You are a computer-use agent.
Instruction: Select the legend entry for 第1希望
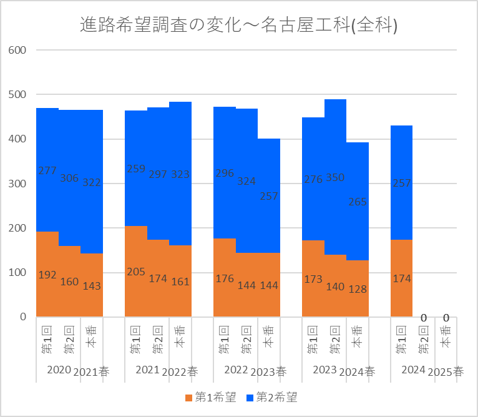click(210, 397)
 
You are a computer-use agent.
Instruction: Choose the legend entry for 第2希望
click(271, 397)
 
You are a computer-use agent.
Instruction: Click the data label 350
click(335, 177)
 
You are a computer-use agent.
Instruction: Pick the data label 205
click(135, 272)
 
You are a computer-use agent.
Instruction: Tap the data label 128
click(357, 289)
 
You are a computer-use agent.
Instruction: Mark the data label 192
click(47, 274)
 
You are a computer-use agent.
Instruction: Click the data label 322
click(91, 182)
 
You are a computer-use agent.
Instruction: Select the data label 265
click(357, 202)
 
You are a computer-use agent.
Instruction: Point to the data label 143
click(91, 286)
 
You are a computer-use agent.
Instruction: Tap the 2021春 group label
click(91, 371)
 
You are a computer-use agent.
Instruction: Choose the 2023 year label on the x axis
click(324, 370)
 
